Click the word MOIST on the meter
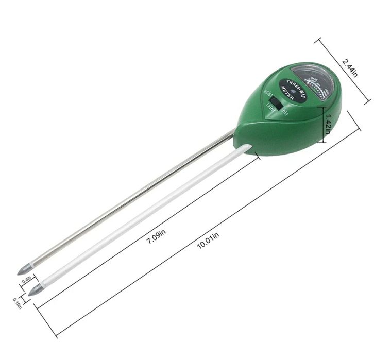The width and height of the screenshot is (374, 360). coord(268,96)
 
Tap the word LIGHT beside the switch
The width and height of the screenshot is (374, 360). coord(271,109)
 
